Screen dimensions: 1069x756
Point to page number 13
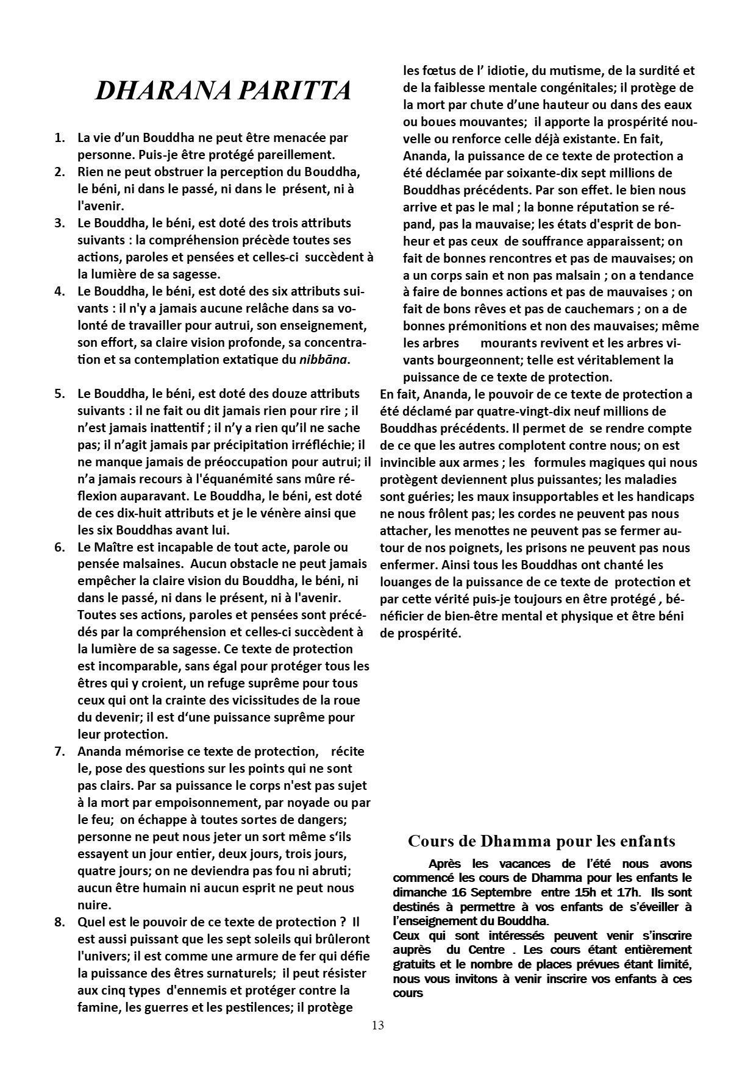point(377,1025)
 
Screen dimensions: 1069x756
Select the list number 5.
point(60,394)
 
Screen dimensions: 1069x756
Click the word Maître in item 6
point(118,547)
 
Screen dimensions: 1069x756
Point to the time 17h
point(615,893)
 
